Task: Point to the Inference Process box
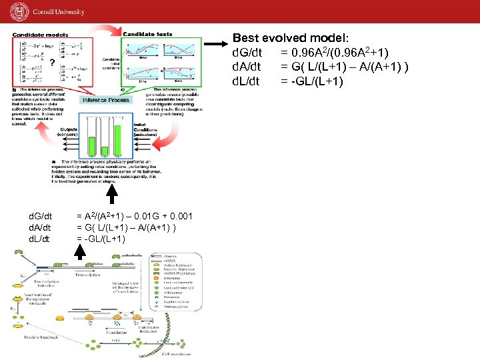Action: pyautogui.click(x=106, y=100)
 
